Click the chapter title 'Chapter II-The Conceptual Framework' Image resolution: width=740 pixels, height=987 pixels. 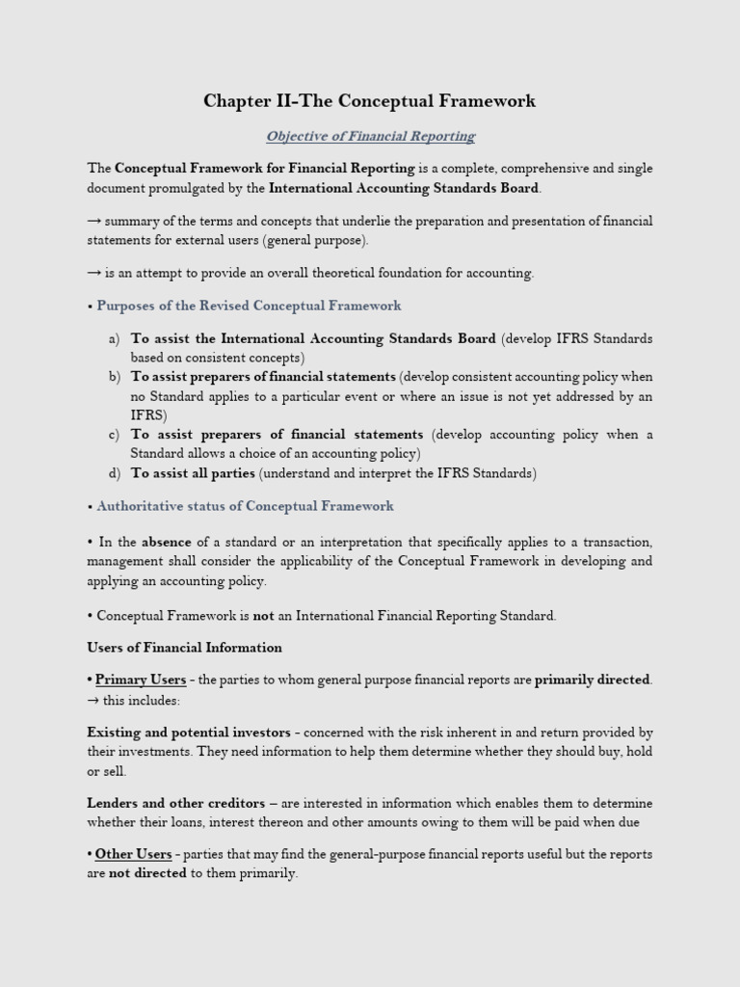pos(369,101)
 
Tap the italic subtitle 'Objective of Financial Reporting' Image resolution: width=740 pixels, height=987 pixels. pos(370,136)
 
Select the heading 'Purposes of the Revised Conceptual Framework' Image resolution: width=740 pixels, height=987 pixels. pos(249,306)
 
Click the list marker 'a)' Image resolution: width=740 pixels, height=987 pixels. pos(114,339)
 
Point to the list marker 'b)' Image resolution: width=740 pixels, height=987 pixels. pos(114,377)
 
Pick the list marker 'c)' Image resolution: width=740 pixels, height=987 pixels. pos(114,435)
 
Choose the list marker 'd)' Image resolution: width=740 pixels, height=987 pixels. pos(114,473)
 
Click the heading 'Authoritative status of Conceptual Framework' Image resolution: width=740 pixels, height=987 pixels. pos(245,506)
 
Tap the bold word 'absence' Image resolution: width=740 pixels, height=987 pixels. pos(167,543)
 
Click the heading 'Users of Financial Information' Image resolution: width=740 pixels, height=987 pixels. pos(184,648)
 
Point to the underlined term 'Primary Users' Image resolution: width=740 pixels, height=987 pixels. pos(141,680)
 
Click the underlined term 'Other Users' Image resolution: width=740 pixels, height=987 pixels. pos(133,854)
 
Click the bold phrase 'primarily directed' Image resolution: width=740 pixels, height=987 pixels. pos(593,680)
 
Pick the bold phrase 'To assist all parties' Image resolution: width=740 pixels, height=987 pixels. pos(193,473)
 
